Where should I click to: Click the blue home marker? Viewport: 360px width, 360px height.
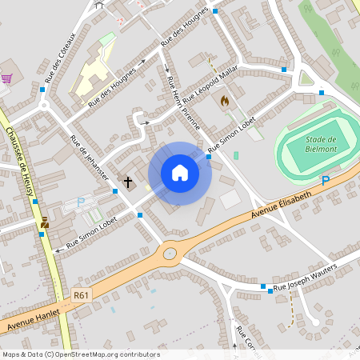click(x=179, y=173)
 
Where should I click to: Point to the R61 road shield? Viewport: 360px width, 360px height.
click(x=80, y=295)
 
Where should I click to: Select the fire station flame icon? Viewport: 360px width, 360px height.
click(x=224, y=102)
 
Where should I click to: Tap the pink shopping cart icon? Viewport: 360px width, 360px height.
click(x=7, y=78)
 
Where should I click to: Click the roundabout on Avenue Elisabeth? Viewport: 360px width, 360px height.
click(x=170, y=254)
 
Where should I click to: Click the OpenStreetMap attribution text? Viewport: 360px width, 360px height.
click(x=80, y=354)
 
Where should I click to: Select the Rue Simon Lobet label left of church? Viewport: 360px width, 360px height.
click(x=86, y=231)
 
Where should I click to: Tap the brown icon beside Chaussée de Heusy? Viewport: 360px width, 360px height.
click(x=44, y=223)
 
